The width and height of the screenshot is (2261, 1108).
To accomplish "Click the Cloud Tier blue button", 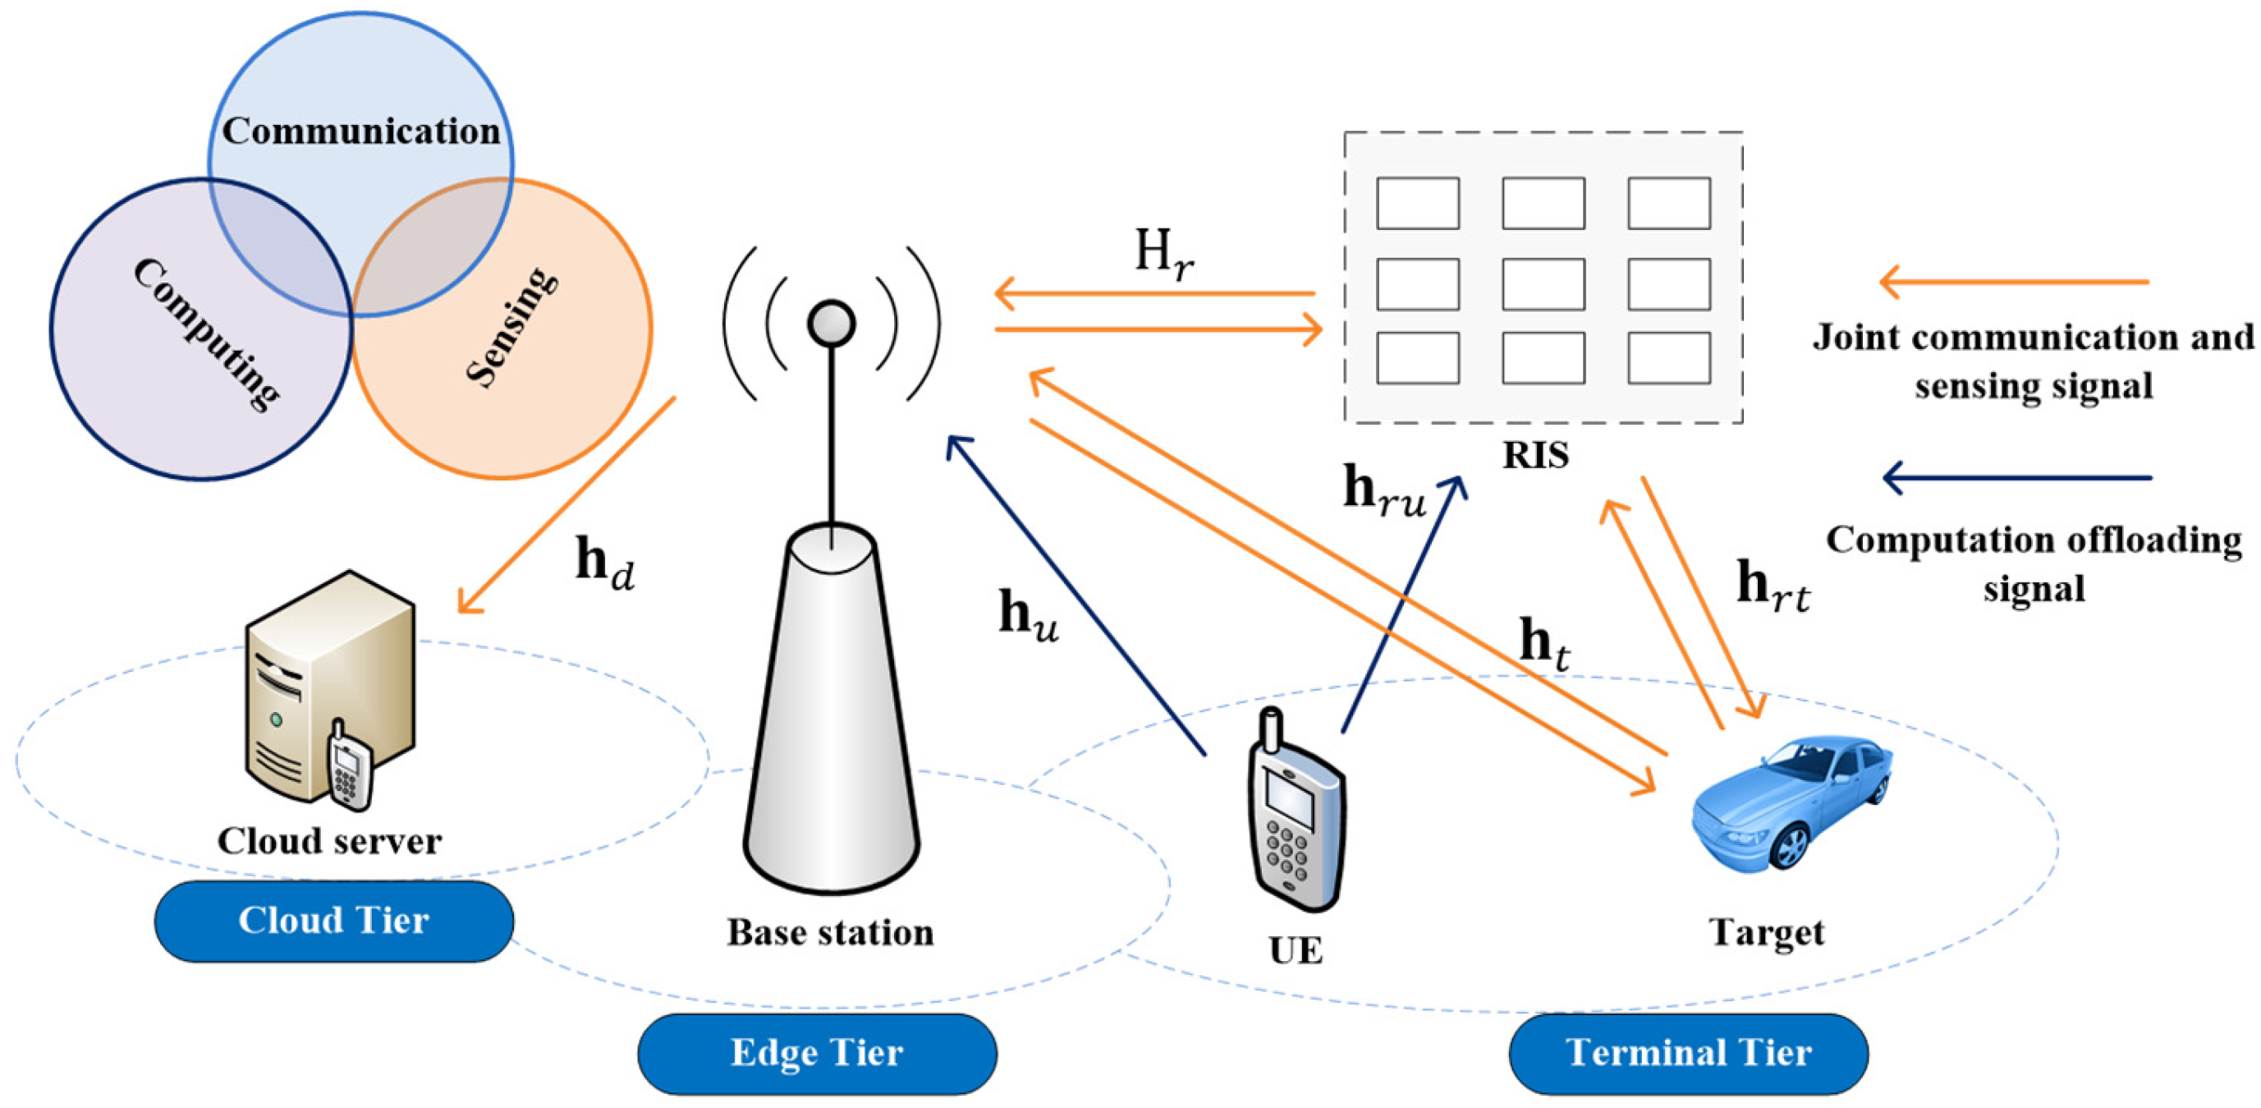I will [x=333, y=921].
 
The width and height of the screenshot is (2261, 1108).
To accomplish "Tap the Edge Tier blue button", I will [x=816, y=1053].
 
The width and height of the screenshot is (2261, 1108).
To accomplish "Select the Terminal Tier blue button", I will [x=1688, y=1053].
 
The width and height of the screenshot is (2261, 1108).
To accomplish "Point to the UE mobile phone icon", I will [x=1296, y=816].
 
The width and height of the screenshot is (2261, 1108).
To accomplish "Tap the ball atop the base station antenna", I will [x=830, y=322].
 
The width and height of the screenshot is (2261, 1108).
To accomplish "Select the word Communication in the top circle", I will [x=360, y=131].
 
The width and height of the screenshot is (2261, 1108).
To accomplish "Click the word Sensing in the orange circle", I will [x=511, y=327].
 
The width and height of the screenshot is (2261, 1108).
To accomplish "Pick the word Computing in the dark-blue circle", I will [x=207, y=333].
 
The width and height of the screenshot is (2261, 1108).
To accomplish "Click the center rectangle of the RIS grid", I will [x=1542, y=283].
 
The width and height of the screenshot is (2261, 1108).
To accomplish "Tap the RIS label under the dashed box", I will [x=1535, y=455].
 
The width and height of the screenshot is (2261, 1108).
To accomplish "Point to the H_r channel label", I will [x=1163, y=254].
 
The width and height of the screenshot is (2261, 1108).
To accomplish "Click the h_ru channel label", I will [x=1383, y=491].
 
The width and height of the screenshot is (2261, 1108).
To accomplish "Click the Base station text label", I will [x=829, y=932].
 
